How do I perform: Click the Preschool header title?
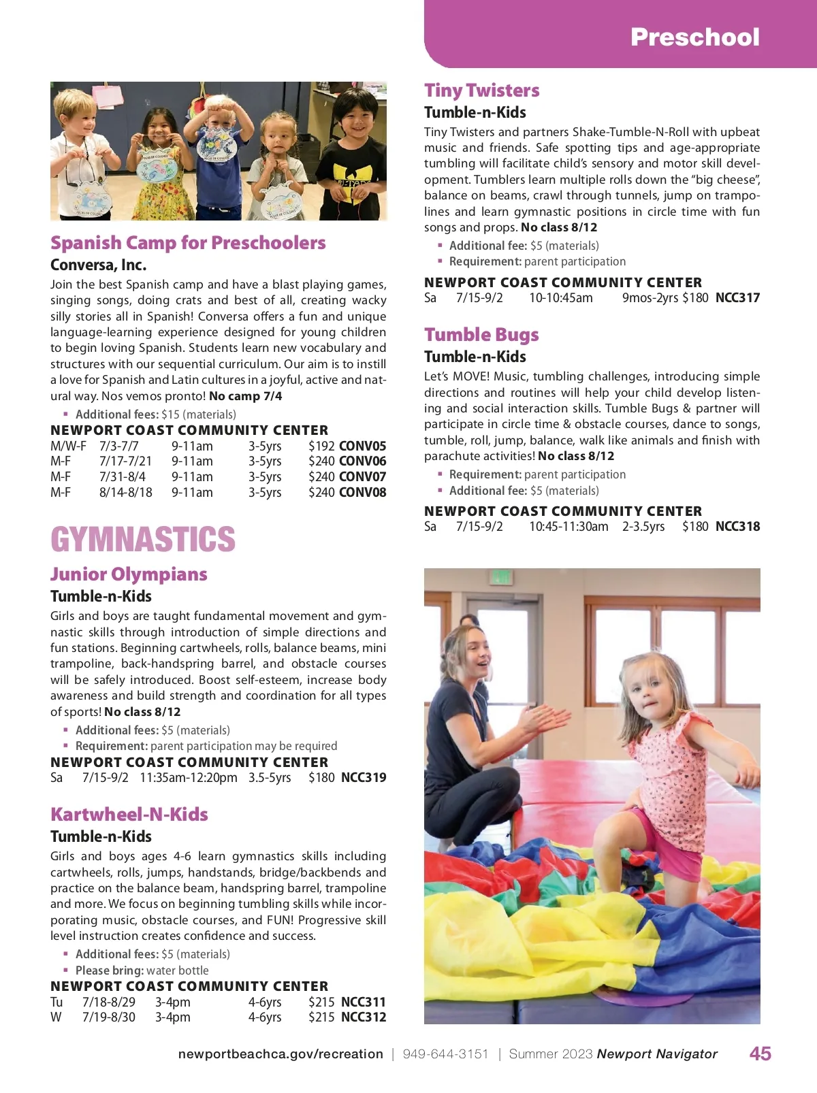point(694,37)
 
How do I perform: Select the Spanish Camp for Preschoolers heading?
point(188,243)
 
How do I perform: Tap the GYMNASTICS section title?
point(143,540)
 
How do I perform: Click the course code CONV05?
point(362,446)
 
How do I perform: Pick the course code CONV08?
point(362,492)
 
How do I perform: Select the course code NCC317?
point(737,297)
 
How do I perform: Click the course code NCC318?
point(737,526)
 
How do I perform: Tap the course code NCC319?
point(364,777)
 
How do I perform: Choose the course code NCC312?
point(364,1017)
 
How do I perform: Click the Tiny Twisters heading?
point(481,91)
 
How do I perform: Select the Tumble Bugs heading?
point(481,335)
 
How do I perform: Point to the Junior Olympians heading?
point(129,574)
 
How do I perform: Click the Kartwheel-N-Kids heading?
point(129,815)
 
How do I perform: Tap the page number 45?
point(760,1054)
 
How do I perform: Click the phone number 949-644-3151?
point(445,1054)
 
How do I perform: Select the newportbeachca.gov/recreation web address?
point(281,1054)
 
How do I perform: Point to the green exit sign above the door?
point(500,577)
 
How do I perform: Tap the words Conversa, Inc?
point(98,265)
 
